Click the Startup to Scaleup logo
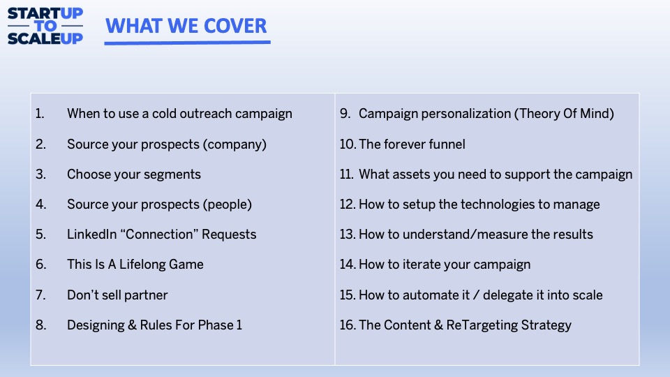click(45, 26)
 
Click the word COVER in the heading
click(235, 26)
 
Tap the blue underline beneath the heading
click(187, 43)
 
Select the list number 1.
click(40, 114)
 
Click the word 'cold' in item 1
click(164, 114)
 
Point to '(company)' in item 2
click(234, 145)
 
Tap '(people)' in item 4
click(228, 205)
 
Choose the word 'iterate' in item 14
click(422, 265)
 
